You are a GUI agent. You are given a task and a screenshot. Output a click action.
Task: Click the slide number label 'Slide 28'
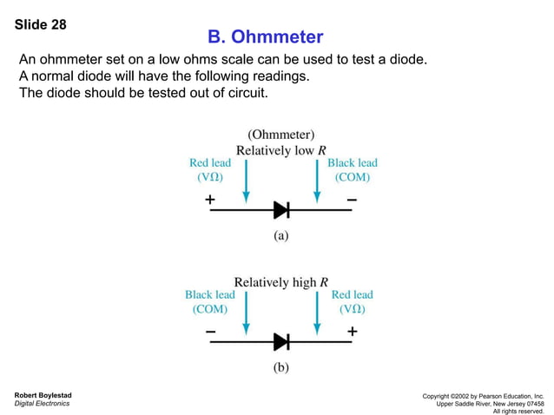pyautogui.click(x=41, y=24)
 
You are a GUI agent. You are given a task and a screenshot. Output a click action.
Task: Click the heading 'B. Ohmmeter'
pyautogui.click(x=266, y=37)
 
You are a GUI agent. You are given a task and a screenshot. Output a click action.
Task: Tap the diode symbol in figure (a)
pyautogui.click(x=280, y=209)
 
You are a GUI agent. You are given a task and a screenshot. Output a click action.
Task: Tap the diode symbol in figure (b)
pyautogui.click(x=280, y=341)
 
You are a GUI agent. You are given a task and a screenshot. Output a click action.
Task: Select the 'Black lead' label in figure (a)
pyautogui.click(x=353, y=163)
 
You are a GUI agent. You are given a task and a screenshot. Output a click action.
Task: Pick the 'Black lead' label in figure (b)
pyautogui.click(x=209, y=295)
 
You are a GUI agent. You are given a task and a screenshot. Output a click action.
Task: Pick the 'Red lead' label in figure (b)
pyautogui.click(x=353, y=295)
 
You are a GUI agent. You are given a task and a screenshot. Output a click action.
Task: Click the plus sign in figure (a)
pyautogui.click(x=210, y=199)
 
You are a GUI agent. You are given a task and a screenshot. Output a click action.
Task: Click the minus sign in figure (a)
pyautogui.click(x=351, y=199)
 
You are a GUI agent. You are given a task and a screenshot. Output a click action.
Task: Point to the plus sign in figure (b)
pyautogui.click(x=352, y=331)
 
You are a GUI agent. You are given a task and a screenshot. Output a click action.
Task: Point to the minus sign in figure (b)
pyautogui.click(x=210, y=331)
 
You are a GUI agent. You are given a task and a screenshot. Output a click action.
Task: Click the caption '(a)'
pyautogui.click(x=280, y=234)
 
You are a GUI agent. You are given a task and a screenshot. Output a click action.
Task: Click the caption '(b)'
pyautogui.click(x=280, y=366)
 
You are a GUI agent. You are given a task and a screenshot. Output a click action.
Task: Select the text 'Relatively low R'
pyautogui.click(x=281, y=149)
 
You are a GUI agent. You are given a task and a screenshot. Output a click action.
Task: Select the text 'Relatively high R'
pyautogui.click(x=281, y=281)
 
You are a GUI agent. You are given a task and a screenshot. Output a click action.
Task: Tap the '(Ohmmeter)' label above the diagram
pyautogui.click(x=281, y=135)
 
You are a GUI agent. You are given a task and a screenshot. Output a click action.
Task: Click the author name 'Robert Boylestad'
pyautogui.click(x=43, y=395)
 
